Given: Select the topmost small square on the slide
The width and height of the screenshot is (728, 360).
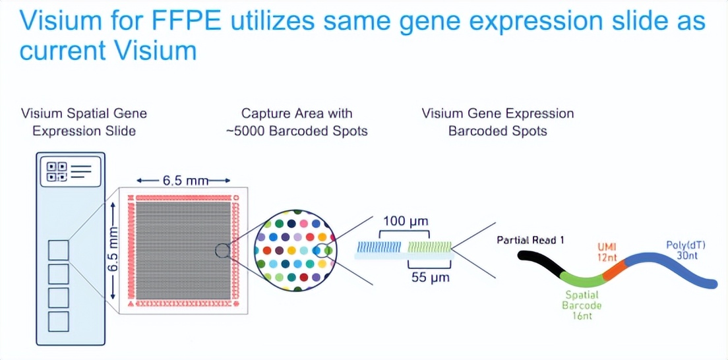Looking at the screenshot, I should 59,251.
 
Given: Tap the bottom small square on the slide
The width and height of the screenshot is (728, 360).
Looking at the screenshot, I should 59,322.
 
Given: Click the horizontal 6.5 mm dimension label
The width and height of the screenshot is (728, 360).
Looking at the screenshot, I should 183,181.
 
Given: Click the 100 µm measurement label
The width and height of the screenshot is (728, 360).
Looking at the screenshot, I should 404,221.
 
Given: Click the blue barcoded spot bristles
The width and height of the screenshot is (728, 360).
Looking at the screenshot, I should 380,248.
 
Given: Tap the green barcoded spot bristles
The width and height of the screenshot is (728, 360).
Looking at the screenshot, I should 429,248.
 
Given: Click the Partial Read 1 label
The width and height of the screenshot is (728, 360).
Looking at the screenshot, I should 531,240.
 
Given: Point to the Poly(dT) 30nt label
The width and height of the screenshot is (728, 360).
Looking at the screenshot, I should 684,251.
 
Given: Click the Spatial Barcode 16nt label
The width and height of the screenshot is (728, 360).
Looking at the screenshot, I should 582,305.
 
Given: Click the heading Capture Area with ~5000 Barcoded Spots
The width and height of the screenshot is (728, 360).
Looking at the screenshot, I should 296,122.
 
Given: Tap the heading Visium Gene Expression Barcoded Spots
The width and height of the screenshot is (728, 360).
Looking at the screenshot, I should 497,122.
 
